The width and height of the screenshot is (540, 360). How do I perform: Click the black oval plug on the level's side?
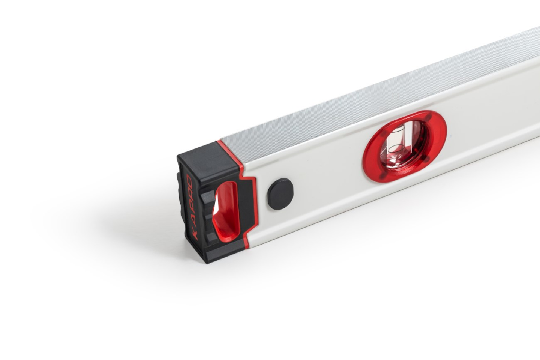[280, 194]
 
